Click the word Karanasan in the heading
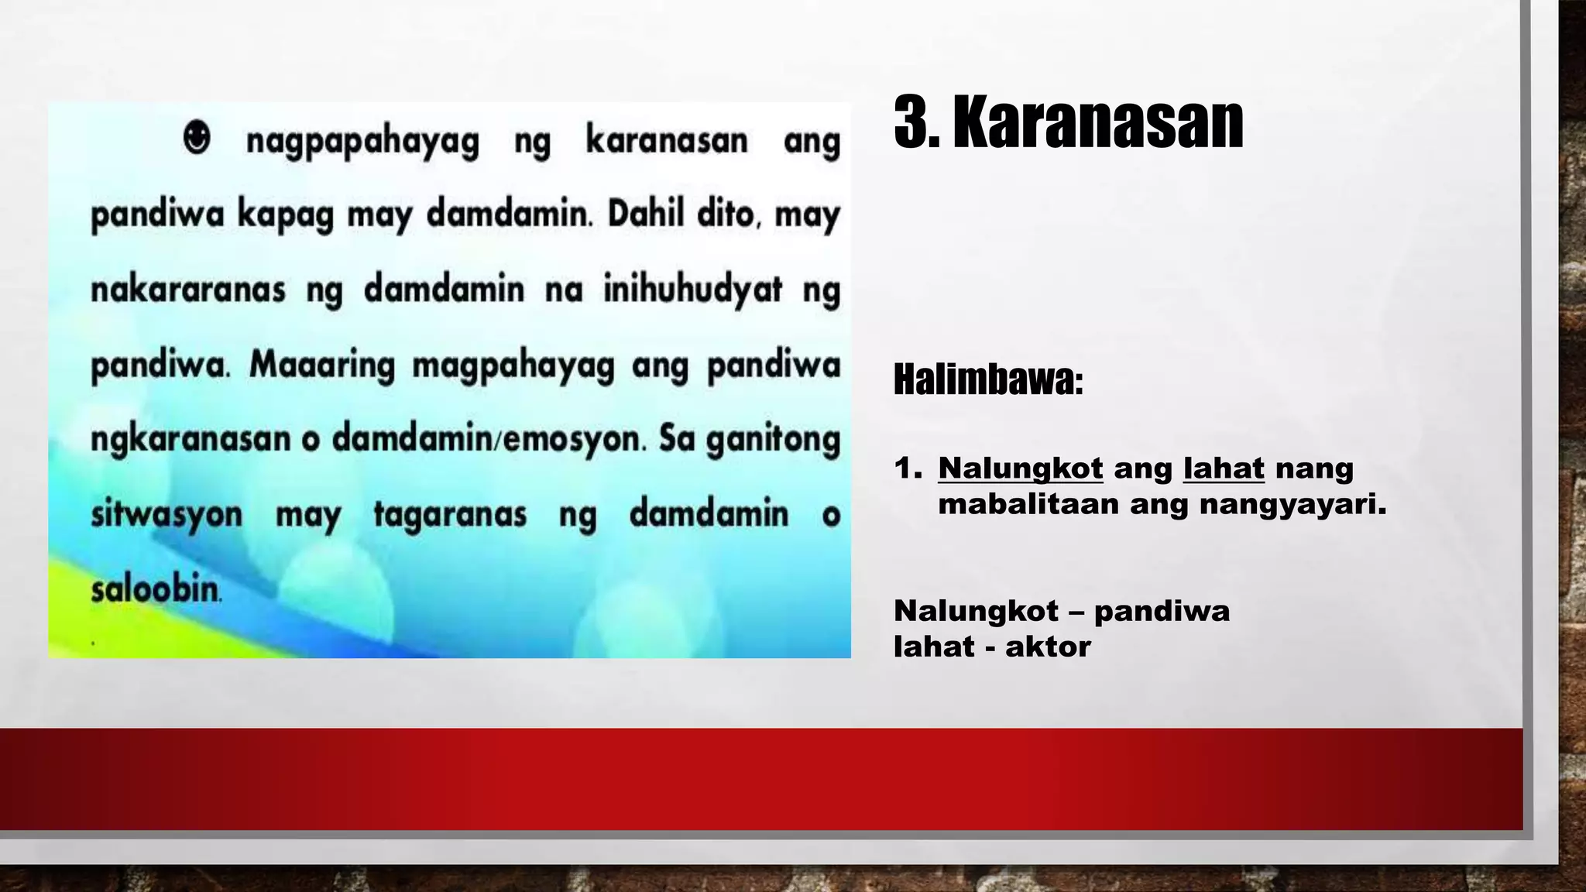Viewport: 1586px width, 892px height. (1097, 122)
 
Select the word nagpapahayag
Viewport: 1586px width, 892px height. (362, 142)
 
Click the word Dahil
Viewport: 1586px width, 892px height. (647, 214)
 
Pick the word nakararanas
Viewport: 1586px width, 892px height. (188, 290)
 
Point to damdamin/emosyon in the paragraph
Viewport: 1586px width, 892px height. (488, 439)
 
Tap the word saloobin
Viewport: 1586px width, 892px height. (156, 589)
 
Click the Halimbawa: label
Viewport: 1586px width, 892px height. (987, 379)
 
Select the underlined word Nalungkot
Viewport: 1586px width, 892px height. (1020, 468)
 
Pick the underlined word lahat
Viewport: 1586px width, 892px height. (1223, 468)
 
